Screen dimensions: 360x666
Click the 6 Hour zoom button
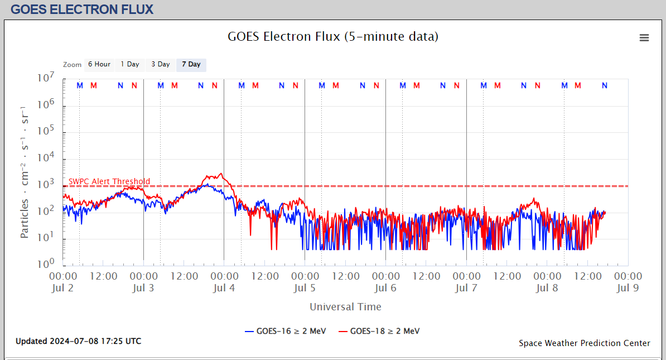99,64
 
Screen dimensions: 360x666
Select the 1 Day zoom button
130,64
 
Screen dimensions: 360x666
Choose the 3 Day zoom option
161,64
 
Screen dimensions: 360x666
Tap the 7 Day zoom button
191,64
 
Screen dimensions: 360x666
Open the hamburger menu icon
644,38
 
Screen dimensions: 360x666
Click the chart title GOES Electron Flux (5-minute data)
333,37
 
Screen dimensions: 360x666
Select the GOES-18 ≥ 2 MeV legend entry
380,331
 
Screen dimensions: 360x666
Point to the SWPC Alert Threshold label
109,181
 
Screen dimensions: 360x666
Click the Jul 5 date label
305,288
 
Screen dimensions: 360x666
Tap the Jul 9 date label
628,288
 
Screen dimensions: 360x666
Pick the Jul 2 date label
63,288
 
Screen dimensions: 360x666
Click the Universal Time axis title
345,306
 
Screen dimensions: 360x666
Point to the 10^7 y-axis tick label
46,79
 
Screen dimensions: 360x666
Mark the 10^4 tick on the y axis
46,158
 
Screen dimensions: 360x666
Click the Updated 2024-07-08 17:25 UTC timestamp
78,341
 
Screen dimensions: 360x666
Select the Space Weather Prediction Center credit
584,343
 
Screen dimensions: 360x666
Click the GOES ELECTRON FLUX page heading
82,9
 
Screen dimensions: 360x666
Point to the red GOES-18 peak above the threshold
220,175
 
